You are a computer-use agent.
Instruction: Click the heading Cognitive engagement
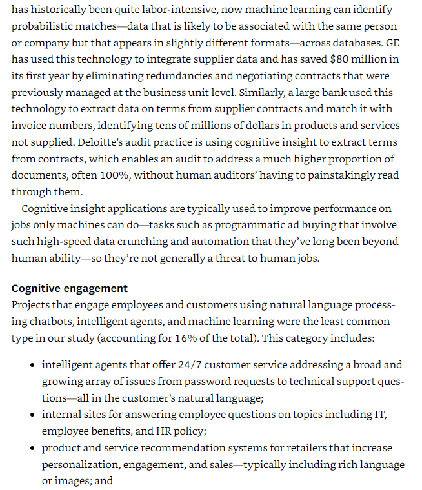point(70,288)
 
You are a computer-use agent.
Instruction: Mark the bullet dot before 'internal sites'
point(33,415)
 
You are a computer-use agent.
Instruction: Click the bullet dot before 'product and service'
point(33,448)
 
